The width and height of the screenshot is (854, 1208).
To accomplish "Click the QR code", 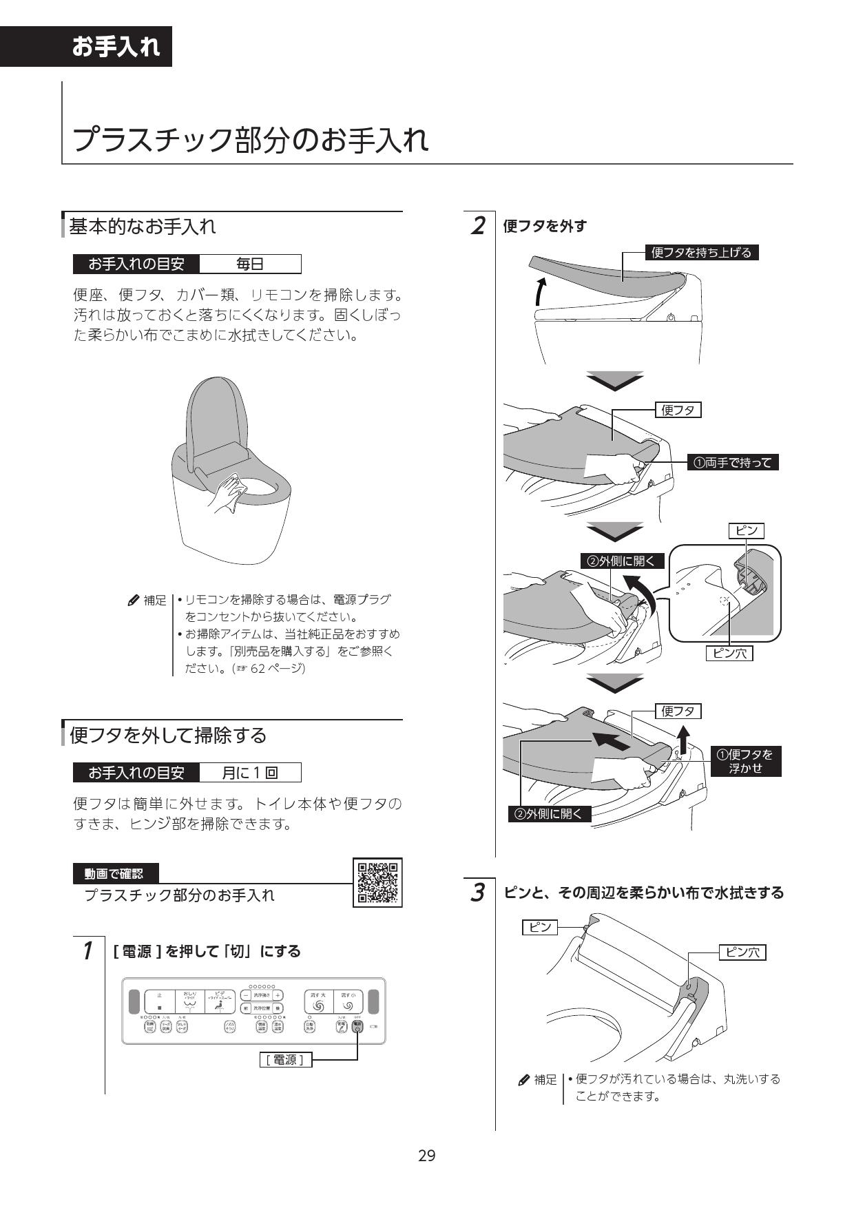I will coord(377,882).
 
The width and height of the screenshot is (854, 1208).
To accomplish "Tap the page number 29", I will coord(426,1155).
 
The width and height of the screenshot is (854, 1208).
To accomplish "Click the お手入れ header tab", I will coord(116,47).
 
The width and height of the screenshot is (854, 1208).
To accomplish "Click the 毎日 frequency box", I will coord(249,264).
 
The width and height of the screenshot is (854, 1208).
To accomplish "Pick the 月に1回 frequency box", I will coord(249,773).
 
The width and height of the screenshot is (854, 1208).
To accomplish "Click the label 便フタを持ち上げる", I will coord(701,252).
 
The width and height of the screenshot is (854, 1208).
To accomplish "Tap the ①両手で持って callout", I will coord(733,463).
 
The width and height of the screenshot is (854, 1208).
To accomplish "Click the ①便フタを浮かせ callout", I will coord(745,761).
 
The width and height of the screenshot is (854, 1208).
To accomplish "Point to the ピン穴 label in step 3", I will coord(742,952).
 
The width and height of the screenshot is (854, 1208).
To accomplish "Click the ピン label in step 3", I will coord(539,927).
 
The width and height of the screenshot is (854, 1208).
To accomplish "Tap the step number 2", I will coord(477,226).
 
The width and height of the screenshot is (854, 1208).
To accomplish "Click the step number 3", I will coord(477,893).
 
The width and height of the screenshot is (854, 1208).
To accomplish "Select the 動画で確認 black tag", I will coord(115,873).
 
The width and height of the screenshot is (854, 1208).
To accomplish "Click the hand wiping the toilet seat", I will coord(229,494).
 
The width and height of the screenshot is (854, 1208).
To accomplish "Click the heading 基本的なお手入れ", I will coord(143,226).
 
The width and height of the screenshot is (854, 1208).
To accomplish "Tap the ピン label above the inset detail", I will coord(747,530).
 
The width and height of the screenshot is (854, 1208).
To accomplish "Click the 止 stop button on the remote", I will coord(159,1001).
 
